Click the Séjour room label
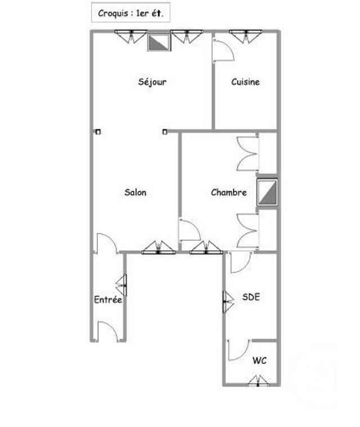[152, 82]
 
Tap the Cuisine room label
[245, 82]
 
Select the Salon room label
[135, 192]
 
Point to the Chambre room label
[228, 192]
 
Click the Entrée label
[107, 300]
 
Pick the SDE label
[251, 297]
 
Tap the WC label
[259, 360]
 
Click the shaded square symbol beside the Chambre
[267, 192]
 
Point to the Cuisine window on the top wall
[245, 35]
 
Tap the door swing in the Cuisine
[223, 49]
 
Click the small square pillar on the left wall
[98, 133]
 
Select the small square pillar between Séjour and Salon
[165, 133]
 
